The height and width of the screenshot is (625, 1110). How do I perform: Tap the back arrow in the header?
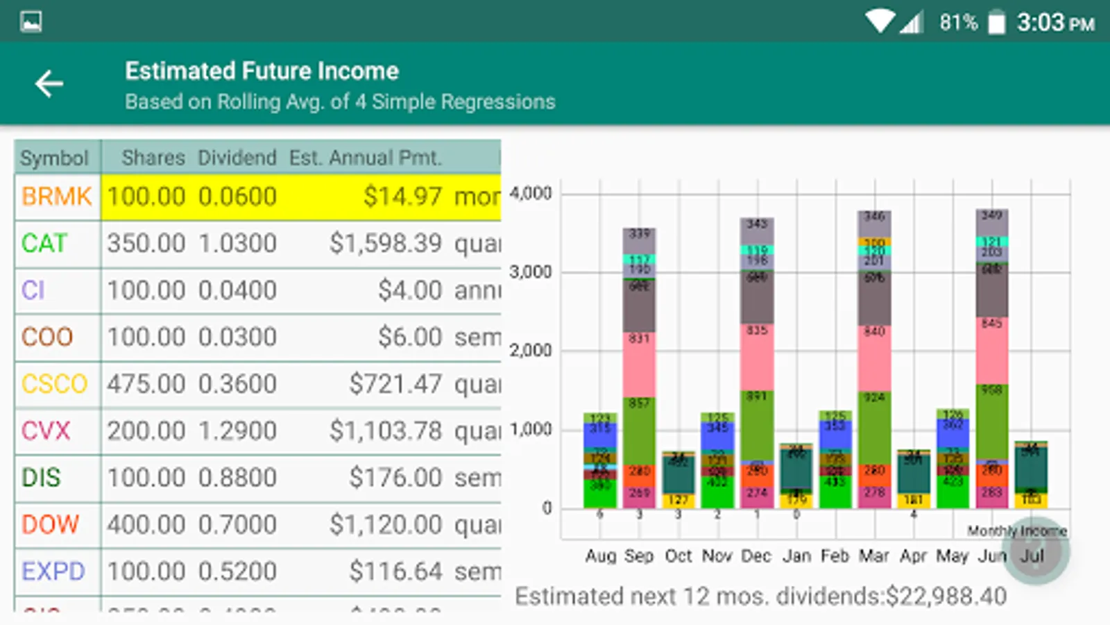click(49, 84)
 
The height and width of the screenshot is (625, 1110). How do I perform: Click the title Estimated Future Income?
click(262, 71)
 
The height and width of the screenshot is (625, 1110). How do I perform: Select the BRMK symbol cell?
click(57, 197)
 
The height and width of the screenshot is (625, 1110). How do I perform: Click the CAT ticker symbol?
click(44, 244)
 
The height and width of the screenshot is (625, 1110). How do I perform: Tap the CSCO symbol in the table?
click(55, 384)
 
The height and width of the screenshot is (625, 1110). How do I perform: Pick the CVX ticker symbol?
click(46, 431)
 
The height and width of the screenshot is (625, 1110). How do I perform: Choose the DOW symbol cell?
click(50, 524)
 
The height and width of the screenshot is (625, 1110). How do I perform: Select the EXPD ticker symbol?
click(53, 572)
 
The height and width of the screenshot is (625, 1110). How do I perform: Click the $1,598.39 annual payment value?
click(385, 244)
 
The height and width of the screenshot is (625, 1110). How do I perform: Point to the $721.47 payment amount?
click(395, 384)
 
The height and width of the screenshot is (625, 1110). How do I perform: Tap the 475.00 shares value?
click(146, 384)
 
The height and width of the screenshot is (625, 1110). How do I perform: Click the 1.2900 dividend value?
click(237, 431)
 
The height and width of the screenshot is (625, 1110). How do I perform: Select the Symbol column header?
click(54, 158)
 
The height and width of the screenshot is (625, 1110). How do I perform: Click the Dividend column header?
click(237, 158)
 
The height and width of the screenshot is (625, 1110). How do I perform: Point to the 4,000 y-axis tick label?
click(531, 193)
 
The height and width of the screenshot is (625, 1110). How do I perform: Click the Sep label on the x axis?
click(639, 556)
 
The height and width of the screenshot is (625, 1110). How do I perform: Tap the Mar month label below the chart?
click(874, 556)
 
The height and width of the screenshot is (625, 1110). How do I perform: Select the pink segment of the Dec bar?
click(757, 358)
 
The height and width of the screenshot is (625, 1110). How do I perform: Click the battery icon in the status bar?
click(996, 23)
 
